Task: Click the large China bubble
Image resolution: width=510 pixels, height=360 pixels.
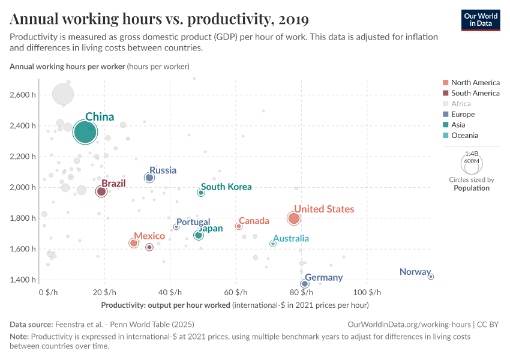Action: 85,132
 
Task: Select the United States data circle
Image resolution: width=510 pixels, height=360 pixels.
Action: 294,218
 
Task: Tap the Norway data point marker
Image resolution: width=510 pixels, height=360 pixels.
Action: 431,277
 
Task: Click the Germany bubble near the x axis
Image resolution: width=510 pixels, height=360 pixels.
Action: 305,284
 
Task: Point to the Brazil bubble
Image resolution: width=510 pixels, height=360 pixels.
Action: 101,191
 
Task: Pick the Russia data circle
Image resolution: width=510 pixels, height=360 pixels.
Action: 149,178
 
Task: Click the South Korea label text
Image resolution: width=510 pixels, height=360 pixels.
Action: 226,187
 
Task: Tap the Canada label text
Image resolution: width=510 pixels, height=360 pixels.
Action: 254,221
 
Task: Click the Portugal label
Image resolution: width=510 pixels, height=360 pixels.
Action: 193,223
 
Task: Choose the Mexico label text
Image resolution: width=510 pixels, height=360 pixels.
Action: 149,236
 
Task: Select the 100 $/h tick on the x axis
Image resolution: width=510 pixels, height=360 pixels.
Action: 367,293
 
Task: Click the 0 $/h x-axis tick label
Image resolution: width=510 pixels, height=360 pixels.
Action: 48,293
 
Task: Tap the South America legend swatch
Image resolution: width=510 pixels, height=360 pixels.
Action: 445,93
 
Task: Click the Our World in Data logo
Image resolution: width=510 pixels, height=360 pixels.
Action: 481,20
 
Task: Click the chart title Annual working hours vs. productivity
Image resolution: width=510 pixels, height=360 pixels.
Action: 159,20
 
